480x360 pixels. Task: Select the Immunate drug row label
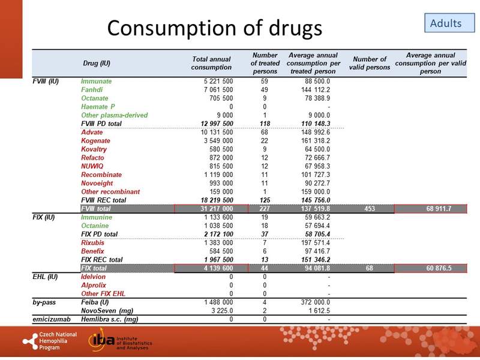click(96, 81)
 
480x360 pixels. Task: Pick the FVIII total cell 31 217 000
click(214, 208)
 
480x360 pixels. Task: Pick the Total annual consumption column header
click(211, 63)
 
